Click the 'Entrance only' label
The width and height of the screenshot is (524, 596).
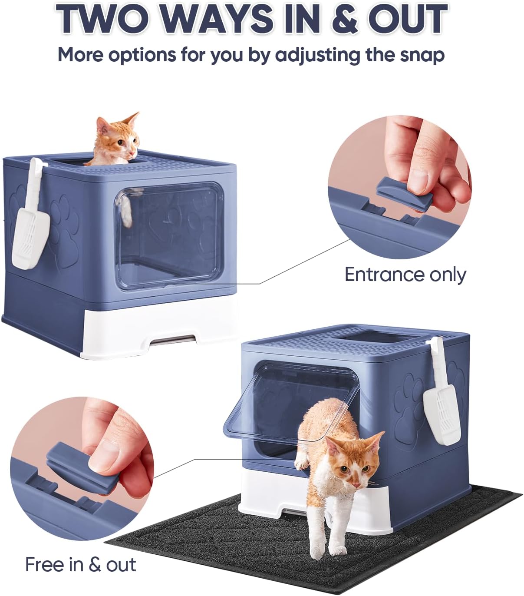(405, 275)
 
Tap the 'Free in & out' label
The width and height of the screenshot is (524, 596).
(80, 564)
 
